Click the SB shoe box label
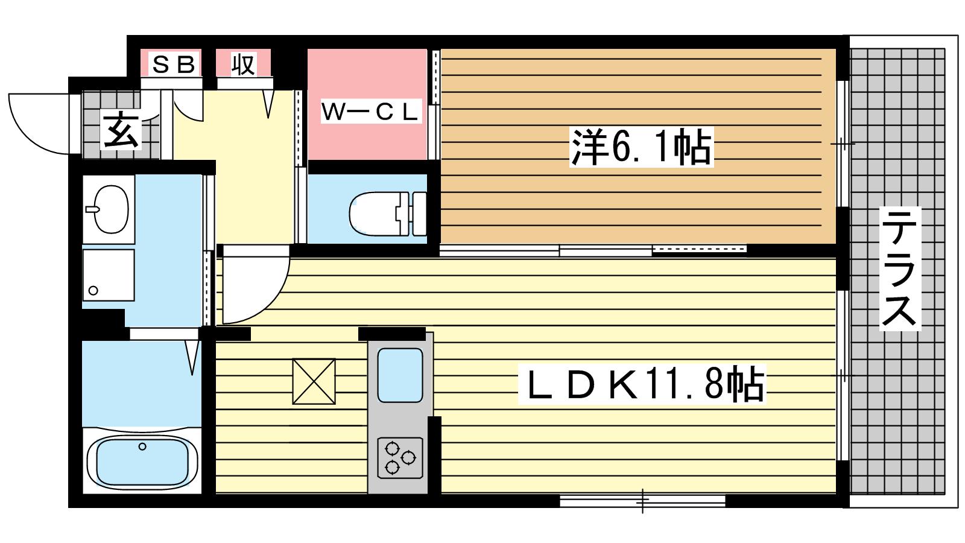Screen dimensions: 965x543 click(174, 65)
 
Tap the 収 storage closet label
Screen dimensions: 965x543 click(244, 65)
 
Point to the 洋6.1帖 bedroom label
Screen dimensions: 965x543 click(642, 147)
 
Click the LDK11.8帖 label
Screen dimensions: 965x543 click(642, 384)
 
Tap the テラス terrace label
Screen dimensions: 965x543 click(899, 268)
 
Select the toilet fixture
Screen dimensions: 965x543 click(388, 214)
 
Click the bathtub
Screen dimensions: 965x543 click(142, 460)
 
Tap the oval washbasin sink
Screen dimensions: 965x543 click(111, 209)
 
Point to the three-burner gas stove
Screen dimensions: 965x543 click(400, 458)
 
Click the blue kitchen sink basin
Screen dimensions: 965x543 click(400, 375)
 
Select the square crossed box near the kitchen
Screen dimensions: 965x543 click(314, 381)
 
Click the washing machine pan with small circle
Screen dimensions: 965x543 click(109, 275)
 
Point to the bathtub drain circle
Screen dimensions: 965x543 click(142, 446)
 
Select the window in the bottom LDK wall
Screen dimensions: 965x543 click(643, 501)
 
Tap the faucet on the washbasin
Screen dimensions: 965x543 click(93, 209)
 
